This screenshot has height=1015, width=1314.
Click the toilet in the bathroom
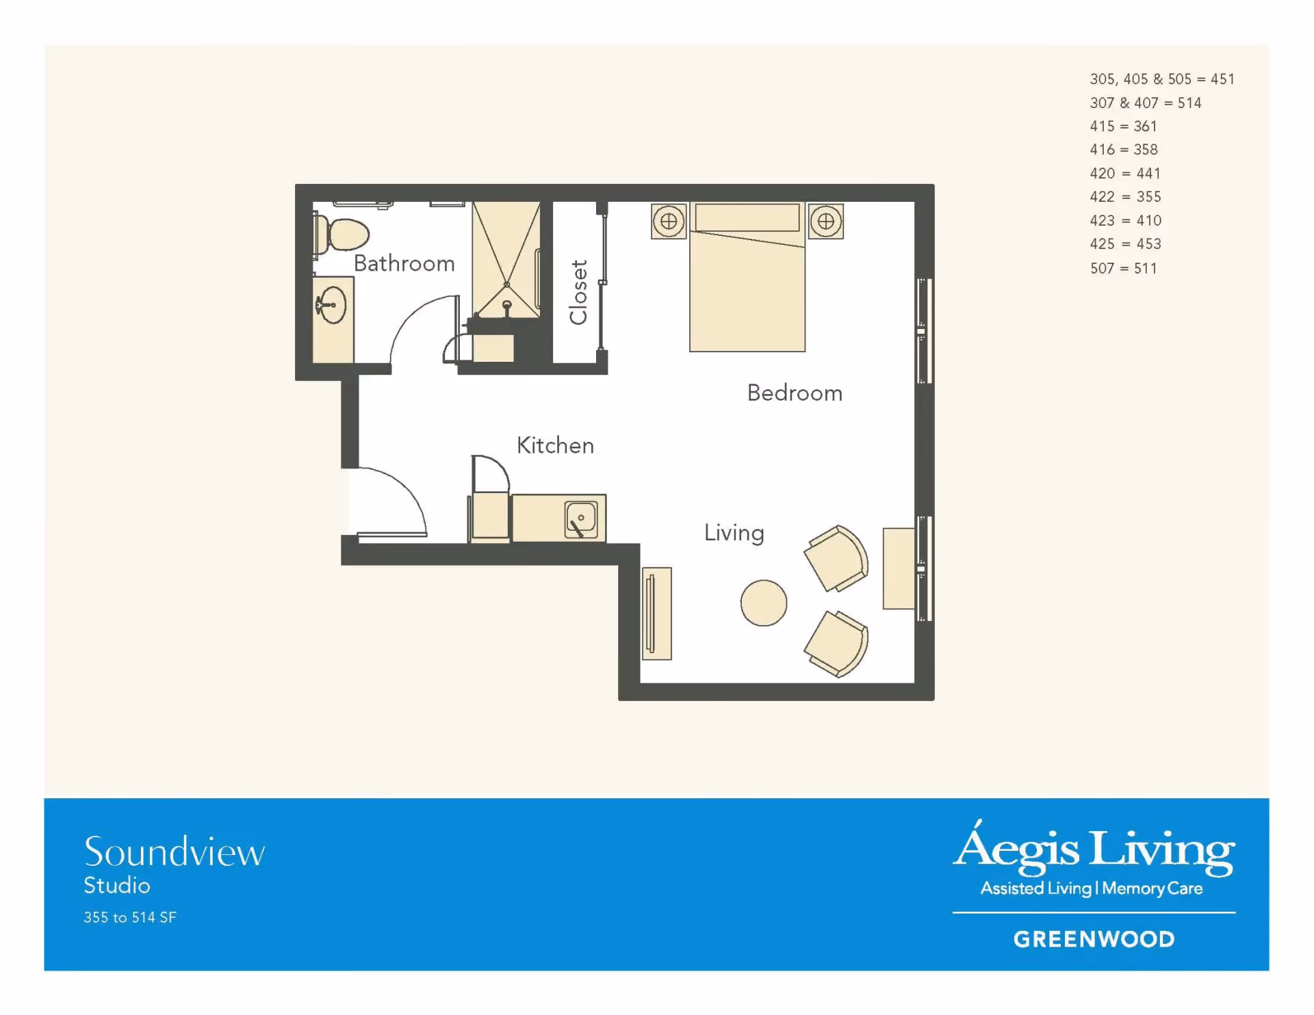point(342,234)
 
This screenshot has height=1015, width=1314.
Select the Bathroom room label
point(404,263)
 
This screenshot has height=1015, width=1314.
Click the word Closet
point(578,292)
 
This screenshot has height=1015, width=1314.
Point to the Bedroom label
point(795,393)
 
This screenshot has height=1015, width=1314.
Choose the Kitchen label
point(555,445)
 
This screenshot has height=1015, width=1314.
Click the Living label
point(734,533)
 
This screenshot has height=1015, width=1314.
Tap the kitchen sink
point(581,519)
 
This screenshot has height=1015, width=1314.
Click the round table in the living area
point(764,603)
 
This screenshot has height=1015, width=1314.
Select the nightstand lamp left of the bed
point(669,221)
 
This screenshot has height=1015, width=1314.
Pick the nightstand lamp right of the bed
point(826,221)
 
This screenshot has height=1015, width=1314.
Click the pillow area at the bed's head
point(747,217)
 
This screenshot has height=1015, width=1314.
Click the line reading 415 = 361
point(1124,126)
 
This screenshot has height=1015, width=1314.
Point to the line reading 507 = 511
point(1124,268)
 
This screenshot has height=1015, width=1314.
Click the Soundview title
point(175,852)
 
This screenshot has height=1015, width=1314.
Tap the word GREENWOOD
point(1094,939)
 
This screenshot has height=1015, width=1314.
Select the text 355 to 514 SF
point(130,917)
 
